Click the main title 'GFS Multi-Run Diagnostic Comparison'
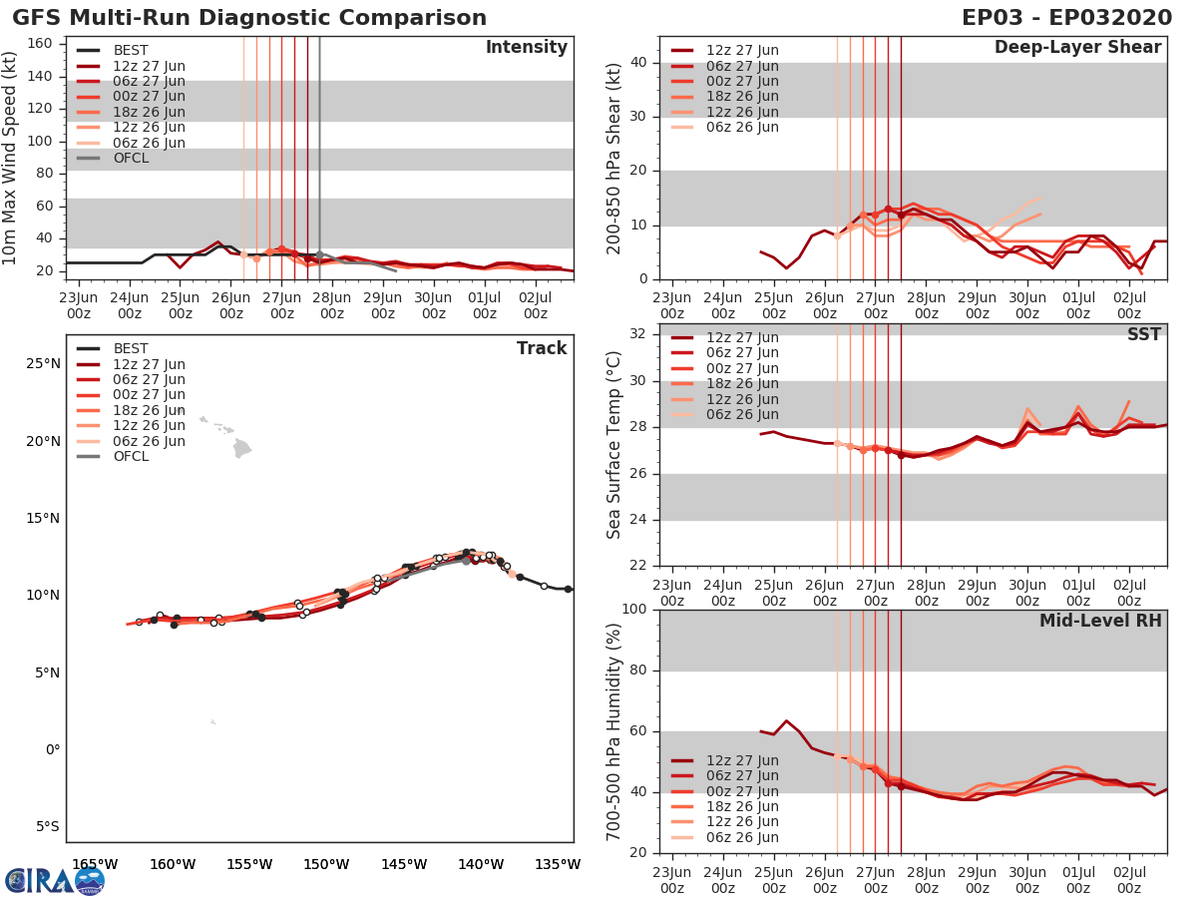point(249,18)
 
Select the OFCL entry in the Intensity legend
point(130,158)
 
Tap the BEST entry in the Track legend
point(131,348)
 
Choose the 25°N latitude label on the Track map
point(42,363)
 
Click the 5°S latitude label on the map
point(45,826)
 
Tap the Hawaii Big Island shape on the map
point(240,450)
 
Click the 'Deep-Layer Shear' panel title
point(1077,48)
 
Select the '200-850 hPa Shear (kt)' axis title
point(614,158)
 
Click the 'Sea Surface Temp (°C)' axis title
point(614,445)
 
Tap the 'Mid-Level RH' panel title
point(1100,622)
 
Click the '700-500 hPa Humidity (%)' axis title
point(614,730)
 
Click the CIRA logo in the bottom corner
point(54,880)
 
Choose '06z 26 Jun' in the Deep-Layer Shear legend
point(742,127)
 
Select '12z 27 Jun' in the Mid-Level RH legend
point(742,760)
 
